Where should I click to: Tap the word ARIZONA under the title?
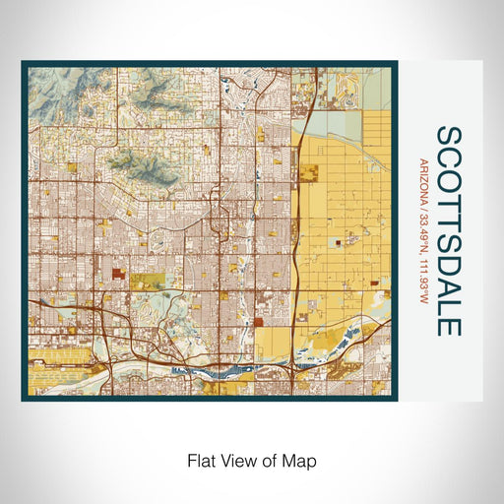(x=424, y=177)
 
